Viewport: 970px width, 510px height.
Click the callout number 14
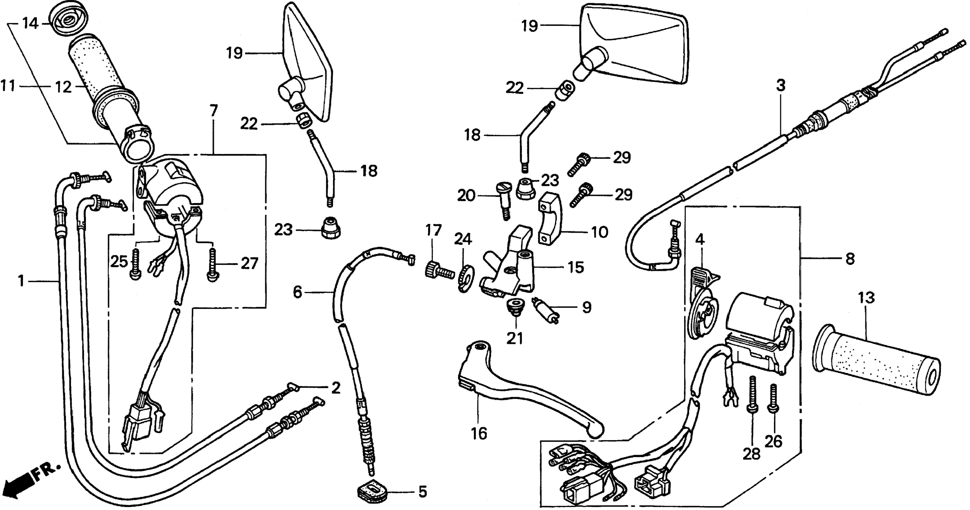30,24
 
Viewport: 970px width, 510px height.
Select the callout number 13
866,298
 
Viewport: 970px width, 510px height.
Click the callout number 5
423,492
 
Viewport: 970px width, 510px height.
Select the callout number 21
515,338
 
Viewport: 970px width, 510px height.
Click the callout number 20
466,196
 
